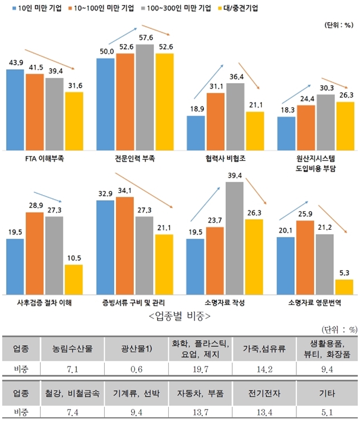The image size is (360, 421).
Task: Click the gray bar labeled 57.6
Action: [x=145, y=97]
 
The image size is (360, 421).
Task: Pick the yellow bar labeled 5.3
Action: [x=344, y=287]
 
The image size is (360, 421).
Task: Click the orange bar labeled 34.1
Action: [x=125, y=246]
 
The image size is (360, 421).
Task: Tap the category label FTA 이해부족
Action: [x=45, y=158]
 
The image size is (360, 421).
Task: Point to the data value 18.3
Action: [x=286, y=110]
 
